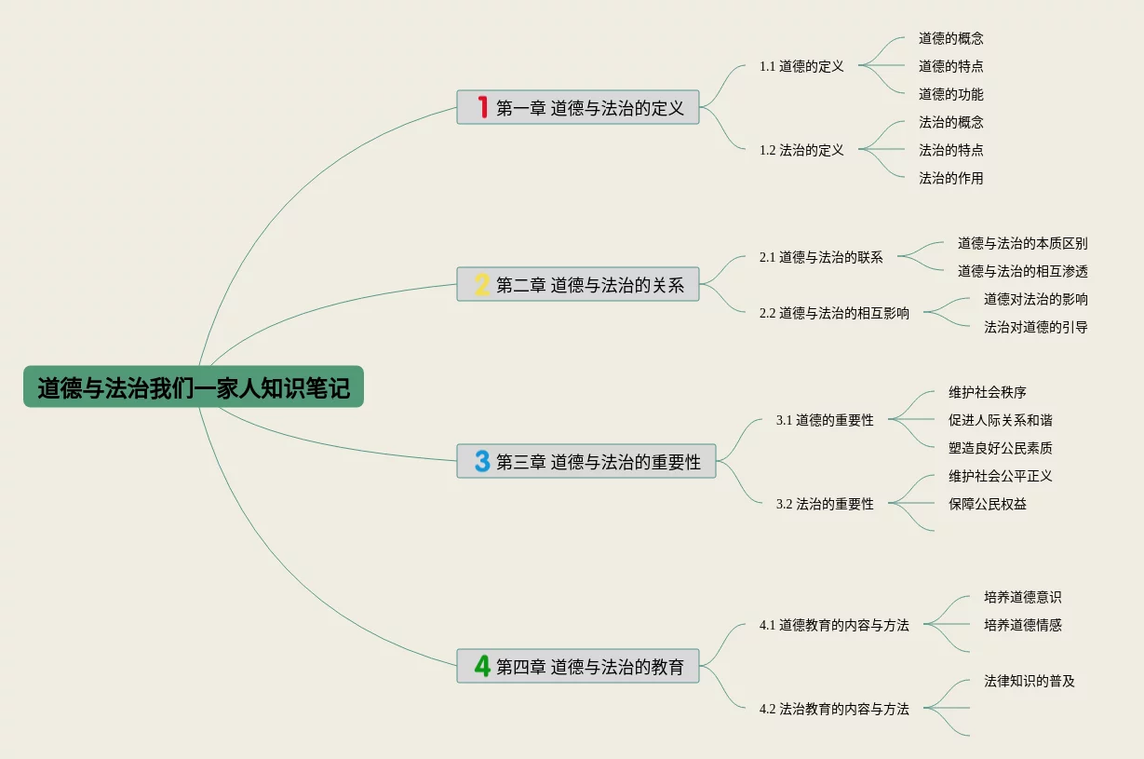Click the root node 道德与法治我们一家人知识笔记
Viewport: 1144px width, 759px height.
click(x=194, y=386)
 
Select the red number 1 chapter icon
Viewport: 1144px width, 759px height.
click(x=482, y=107)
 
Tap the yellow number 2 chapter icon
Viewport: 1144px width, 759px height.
click(x=482, y=284)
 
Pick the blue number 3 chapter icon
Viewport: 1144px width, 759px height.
click(x=482, y=461)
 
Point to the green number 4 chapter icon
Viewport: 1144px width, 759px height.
click(x=482, y=666)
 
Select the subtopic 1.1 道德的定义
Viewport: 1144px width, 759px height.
click(x=801, y=66)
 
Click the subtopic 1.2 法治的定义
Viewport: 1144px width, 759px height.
click(x=801, y=150)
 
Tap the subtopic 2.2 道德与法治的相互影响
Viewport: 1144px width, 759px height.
click(x=834, y=313)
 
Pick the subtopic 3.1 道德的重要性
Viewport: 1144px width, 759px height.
click(x=825, y=420)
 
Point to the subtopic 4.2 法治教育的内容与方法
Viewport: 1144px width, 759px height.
click(x=834, y=709)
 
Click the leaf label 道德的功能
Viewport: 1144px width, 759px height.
click(x=951, y=94)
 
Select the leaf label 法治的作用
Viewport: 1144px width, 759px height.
click(x=951, y=178)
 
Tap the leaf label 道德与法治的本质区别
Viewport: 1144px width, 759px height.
click(x=1023, y=243)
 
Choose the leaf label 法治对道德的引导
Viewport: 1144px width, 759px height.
click(x=1036, y=327)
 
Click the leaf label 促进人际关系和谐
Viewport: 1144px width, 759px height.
click(x=1001, y=420)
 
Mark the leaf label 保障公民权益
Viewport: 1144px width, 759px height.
click(x=988, y=504)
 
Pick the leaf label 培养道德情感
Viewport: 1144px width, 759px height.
click(x=1023, y=625)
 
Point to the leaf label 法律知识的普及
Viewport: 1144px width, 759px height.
click(x=1030, y=681)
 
